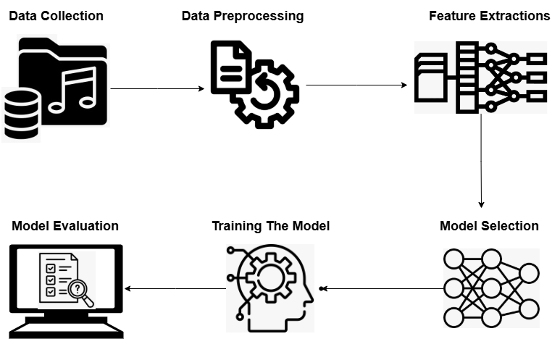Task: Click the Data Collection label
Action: pos(56,16)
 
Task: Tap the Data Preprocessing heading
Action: pos(242,16)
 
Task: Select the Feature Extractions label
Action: pos(489,16)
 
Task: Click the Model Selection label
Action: pos(489,226)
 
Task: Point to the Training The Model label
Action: pos(270,227)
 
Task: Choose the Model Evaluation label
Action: pos(65,226)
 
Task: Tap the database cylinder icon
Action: pos(21,113)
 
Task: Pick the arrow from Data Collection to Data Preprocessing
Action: pos(157,89)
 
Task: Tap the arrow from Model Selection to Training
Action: pos(381,288)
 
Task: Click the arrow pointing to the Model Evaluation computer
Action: pos(175,288)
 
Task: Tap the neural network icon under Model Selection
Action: pos(490,288)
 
